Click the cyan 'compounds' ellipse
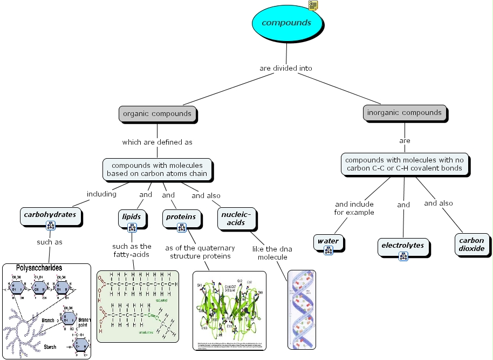tap(286, 23)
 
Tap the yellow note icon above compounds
tap(313, 5)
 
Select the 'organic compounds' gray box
tap(157, 114)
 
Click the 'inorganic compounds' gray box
tap(404, 113)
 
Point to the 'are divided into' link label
tap(285, 69)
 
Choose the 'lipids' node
tap(131, 216)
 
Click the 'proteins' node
tap(181, 216)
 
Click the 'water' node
tap(327, 241)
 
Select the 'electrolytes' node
tap(402, 245)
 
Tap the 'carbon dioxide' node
tap(471, 244)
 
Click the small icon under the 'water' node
tap(328, 249)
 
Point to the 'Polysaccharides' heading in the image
tap(39, 268)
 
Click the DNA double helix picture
tap(301, 309)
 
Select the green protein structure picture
tap(229, 310)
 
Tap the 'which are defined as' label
tap(157, 142)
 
